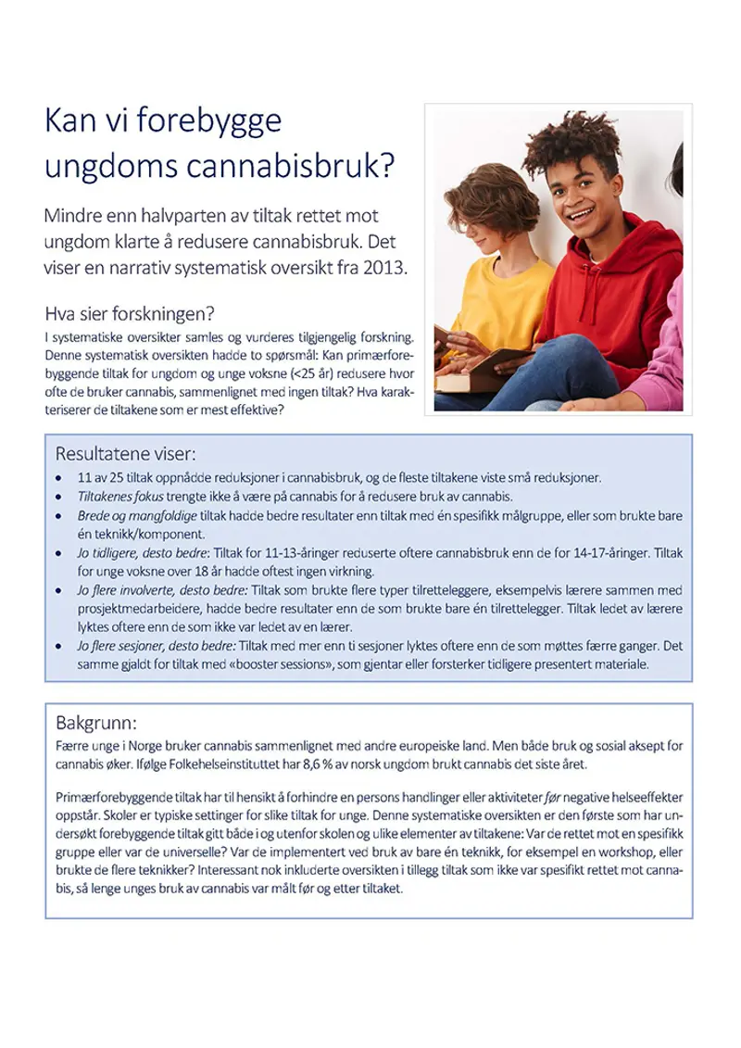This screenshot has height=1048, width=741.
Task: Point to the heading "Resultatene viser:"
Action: [126, 454]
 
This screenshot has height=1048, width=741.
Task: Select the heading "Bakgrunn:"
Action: [96, 722]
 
